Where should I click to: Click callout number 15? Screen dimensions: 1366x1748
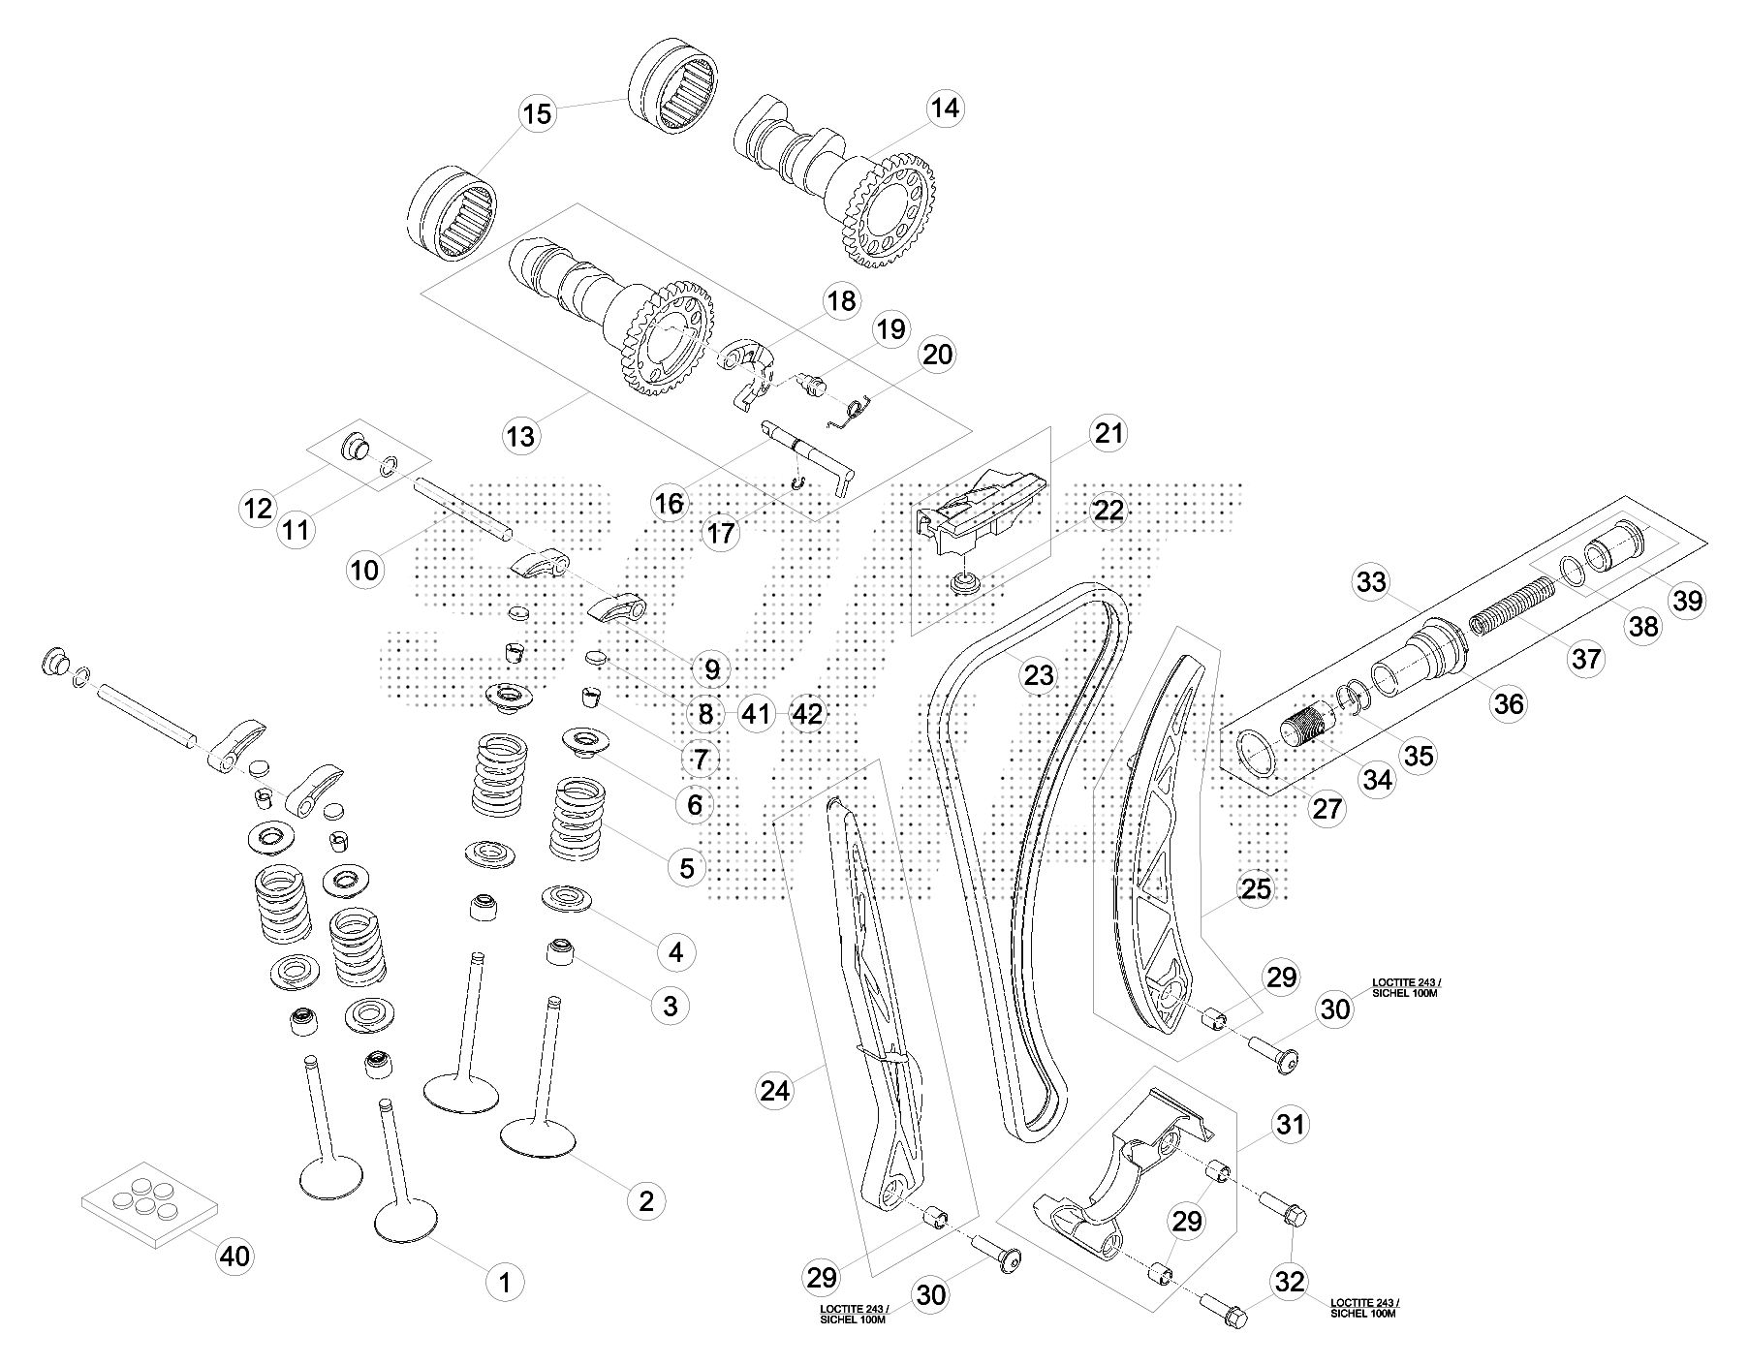point(536,113)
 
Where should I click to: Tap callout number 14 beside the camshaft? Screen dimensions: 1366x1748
point(945,108)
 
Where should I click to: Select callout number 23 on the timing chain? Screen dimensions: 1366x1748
point(1038,674)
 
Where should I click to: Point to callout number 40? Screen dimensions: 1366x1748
point(234,1257)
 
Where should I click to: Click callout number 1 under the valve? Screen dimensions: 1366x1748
point(504,1283)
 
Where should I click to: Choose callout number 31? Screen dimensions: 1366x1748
point(1290,1125)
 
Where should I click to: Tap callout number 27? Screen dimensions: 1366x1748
point(1328,808)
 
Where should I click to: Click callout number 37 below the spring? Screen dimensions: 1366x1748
point(1586,660)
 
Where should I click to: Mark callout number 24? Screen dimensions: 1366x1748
point(775,1091)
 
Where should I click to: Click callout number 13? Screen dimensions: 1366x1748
point(520,436)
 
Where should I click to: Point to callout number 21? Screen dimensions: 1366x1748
point(1108,433)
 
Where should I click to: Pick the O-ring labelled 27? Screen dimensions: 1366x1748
point(1258,755)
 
